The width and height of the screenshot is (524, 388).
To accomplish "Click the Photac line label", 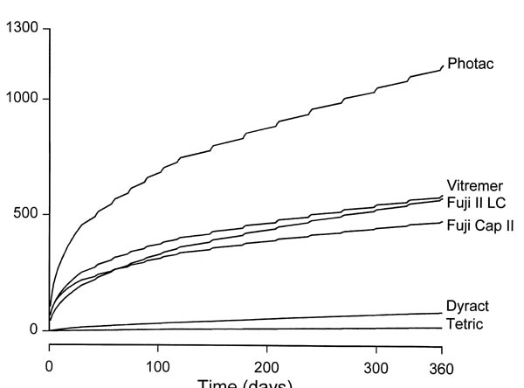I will pos(471,64).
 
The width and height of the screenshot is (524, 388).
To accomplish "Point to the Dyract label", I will pos(467,307).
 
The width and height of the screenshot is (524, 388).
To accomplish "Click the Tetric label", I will pos(465,324).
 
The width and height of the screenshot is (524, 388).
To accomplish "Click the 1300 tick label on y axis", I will pos(22,29).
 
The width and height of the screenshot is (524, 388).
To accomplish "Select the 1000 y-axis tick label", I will pos(22,98).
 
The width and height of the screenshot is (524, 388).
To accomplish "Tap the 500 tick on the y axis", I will pos(26,214).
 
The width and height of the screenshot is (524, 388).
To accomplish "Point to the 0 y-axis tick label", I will pos(34,330).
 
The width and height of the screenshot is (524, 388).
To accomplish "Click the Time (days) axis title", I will pos(245,383).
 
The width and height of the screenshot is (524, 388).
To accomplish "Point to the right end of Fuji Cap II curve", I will pos(442,222).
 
